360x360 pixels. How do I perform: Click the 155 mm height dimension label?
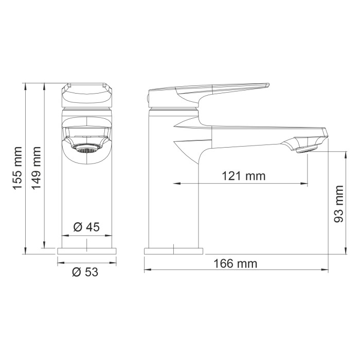tap(17, 168)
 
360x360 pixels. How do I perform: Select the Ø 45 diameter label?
tap(86, 227)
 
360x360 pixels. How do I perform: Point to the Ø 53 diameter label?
tap(85, 273)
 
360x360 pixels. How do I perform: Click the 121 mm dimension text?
tap(243, 176)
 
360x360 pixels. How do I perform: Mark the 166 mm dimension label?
tap(235, 264)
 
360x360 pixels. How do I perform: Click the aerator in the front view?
tap(86, 150)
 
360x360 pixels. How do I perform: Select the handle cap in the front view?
tap(86, 94)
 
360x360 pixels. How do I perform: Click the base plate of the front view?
tap(87, 250)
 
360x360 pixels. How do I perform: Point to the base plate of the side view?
tap(173, 250)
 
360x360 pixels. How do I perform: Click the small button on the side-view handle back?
tap(146, 98)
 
